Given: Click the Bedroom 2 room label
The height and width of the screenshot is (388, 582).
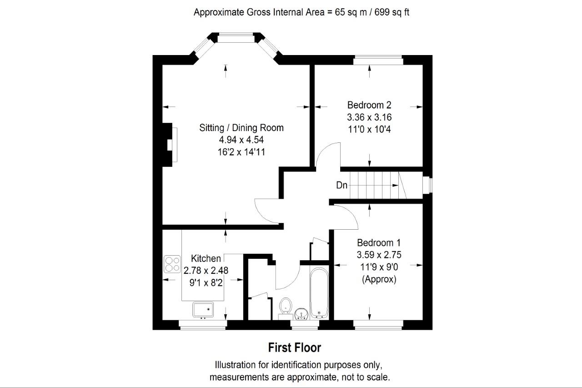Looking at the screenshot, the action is (369, 105).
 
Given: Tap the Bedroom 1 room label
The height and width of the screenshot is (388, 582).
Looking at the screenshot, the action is (379, 243).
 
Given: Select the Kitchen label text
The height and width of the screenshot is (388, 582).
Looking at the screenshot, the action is (206, 258).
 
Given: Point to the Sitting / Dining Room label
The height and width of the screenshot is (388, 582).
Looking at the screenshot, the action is (241, 128).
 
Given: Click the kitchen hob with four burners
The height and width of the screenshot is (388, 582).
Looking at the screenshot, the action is (172, 264).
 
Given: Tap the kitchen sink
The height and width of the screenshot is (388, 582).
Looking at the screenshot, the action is (203, 309).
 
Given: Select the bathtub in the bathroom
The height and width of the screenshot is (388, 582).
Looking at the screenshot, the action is (319, 293).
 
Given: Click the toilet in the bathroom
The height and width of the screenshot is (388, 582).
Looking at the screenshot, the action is (286, 307).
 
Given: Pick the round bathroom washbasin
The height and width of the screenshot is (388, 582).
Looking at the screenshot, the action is (301, 314).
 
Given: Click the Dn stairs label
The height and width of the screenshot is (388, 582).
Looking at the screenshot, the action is (341, 185).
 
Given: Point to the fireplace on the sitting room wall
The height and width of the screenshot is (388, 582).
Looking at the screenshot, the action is (170, 145).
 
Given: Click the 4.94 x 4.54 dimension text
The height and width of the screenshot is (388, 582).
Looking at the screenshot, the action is (241, 140).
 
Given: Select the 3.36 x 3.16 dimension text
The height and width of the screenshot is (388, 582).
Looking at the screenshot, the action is (369, 117).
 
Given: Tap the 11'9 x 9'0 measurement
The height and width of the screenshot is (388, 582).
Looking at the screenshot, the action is (379, 267).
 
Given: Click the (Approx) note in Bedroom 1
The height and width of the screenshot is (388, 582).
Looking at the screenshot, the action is (379, 279).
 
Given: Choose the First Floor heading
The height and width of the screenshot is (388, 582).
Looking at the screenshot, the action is (294, 348).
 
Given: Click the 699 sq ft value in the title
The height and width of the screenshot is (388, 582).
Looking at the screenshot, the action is (392, 12).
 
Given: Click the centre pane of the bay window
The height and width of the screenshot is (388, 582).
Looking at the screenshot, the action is (236, 38).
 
